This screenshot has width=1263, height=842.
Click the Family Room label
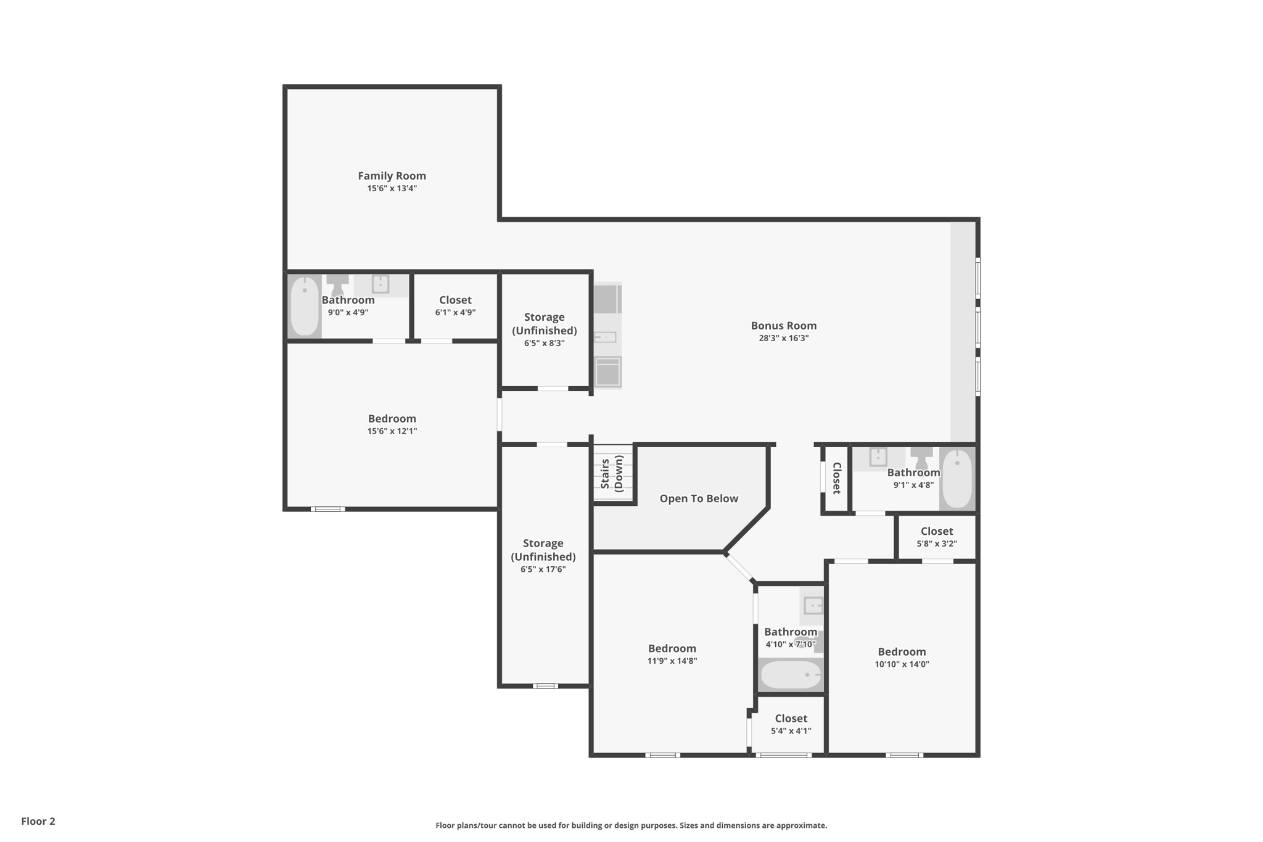[x=392, y=176]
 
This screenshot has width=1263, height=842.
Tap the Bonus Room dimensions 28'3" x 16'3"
[x=783, y=338]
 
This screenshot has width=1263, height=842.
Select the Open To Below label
[x=699, y=498]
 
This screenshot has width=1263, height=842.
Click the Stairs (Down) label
[x=612, y=473]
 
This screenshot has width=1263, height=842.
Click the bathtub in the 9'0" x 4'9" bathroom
[x=305, y=307]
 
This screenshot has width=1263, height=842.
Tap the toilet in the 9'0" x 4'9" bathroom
[x=337, y=286]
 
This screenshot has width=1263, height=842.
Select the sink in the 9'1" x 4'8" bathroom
[x=878, y=457]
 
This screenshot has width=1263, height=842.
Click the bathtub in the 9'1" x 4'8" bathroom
[x=957, y=479]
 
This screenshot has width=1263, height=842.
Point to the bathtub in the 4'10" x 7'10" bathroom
[x=791, y=675]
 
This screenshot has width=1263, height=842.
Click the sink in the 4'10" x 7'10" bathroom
[x=813, y=606]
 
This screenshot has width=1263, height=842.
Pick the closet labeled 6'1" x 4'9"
[x=455, y=305]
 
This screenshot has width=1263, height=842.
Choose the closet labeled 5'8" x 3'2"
[x=937, y=537]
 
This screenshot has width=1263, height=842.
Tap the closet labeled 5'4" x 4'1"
[x=791, y=724]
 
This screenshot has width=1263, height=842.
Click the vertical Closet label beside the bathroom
[x=837, y=478]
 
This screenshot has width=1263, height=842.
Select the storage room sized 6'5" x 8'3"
[x=545, y=329]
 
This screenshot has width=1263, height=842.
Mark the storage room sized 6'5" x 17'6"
[x=543, y=555]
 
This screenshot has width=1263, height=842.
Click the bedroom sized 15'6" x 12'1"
[x=392, y=424]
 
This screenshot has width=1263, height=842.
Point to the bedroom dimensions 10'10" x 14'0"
[x=902, y=664]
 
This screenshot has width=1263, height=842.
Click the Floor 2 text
[x=38, y=821]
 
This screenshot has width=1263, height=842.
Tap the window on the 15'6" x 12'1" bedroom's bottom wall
[x=327, y=509]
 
